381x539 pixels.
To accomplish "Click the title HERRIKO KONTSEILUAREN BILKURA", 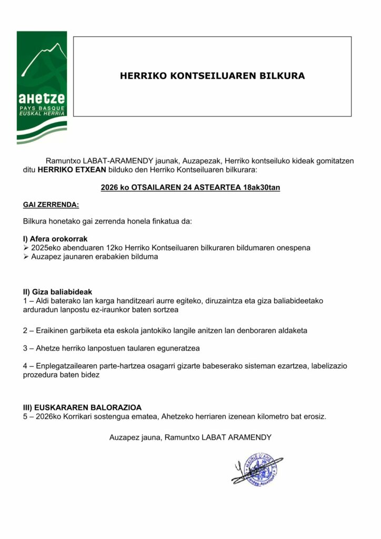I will click(212, 76).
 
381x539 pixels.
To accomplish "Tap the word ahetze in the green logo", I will click(42, 98).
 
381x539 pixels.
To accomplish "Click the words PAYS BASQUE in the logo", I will click(42, 108).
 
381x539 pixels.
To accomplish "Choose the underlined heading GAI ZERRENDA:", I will click(51, 204).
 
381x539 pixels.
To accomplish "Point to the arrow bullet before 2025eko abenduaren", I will click(26, 247).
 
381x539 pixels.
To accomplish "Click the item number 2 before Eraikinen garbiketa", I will click(26, 331).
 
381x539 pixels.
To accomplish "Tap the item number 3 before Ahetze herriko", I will click(26, 348).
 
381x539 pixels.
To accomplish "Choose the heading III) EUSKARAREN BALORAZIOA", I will click(83, 407).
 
